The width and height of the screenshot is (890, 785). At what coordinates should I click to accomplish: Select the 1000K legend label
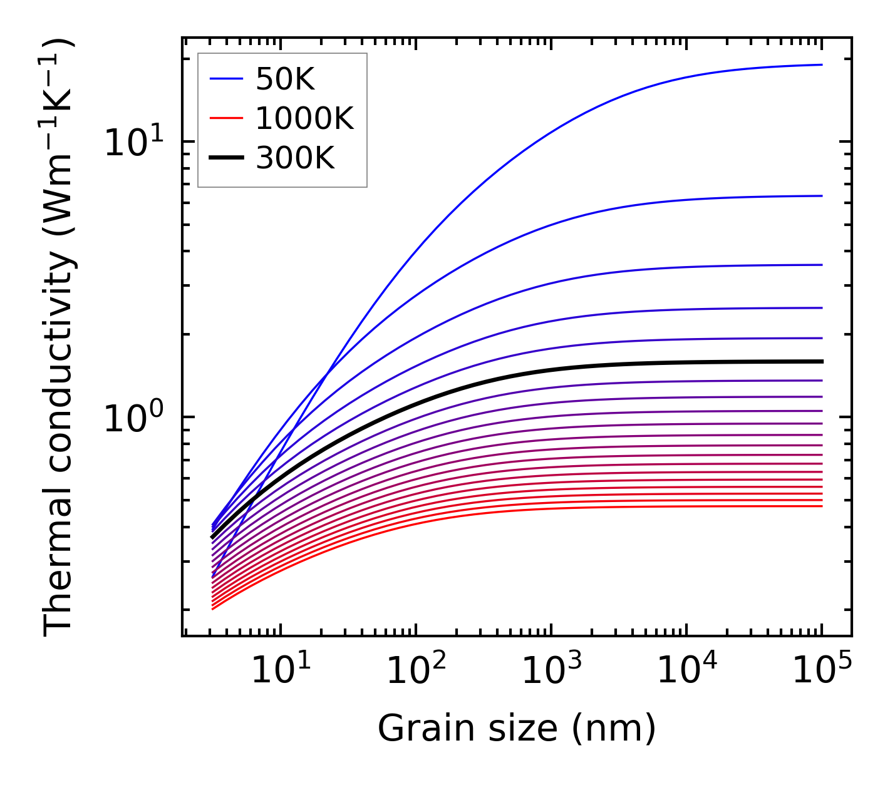304,118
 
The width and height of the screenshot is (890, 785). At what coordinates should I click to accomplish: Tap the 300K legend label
295,158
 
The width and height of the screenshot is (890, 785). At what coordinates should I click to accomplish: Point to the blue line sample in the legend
225,79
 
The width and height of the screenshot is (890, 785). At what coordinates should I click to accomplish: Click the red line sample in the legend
225,118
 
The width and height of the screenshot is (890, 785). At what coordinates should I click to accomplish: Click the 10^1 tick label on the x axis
280,672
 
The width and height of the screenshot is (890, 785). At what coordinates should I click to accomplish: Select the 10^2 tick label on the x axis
415,672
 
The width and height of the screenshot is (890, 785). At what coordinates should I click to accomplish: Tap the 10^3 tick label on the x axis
551,672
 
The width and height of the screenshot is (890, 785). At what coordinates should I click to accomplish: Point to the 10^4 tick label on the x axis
686,672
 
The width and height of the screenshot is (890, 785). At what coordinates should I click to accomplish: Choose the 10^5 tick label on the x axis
822,672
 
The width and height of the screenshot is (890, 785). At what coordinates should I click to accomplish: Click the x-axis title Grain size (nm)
517,729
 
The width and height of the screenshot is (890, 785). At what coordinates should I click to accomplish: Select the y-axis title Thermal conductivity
59,338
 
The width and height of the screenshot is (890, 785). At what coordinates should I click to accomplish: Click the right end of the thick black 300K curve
821,361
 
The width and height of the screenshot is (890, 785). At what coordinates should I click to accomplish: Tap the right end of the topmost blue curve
821,64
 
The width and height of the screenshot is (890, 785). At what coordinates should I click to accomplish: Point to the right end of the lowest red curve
821,506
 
